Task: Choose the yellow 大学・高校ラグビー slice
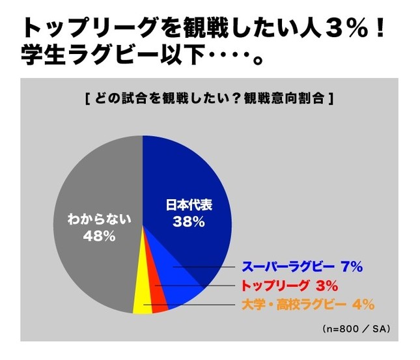139,302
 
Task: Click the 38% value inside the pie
189,222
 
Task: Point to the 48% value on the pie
99,236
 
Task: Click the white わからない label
99,220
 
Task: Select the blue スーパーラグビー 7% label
301,267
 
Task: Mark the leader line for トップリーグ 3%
195,286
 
